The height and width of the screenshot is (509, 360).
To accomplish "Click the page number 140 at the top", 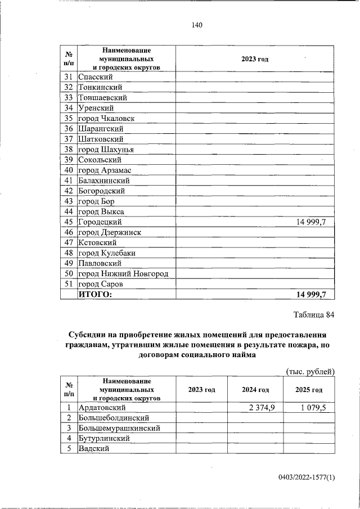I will (196, 25).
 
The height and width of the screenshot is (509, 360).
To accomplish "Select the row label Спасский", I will (97, 76).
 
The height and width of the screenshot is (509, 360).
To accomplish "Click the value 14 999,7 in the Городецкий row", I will (311, 222).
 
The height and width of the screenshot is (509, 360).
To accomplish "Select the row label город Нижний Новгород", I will (127, 274).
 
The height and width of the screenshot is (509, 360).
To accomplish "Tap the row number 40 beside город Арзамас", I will (69, 170).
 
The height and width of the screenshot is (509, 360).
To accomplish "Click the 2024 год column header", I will (255, 390).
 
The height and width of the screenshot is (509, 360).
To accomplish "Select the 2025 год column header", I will (309, 390).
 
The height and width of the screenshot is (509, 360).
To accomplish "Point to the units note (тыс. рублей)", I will (310, 372).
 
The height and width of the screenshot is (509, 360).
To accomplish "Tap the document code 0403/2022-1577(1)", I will (307, 478).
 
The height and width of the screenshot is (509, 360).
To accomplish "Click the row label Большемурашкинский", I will (119, 428).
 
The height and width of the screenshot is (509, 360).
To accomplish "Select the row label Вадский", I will (93, 448).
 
